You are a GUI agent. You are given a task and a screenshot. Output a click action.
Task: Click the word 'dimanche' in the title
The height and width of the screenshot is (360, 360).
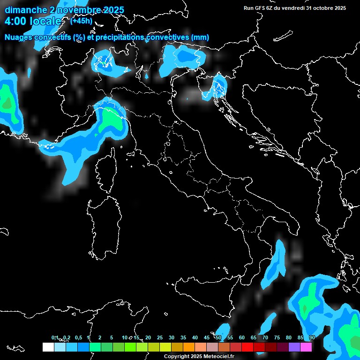[x=21, y=10]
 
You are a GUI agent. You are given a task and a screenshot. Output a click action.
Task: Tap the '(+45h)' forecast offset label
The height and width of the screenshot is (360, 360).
[x=81, y=21]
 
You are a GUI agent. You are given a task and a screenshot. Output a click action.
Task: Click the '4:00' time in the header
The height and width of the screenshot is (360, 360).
[x=15, y=22]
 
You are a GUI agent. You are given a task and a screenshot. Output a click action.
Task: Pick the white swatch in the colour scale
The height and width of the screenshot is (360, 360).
[x=48, y=347]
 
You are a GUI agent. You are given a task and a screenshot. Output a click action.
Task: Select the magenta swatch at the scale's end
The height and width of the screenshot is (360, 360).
[x=306, y=347]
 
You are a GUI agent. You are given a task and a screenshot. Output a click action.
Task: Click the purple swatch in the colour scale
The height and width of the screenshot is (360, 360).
[x=294, y=347]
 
